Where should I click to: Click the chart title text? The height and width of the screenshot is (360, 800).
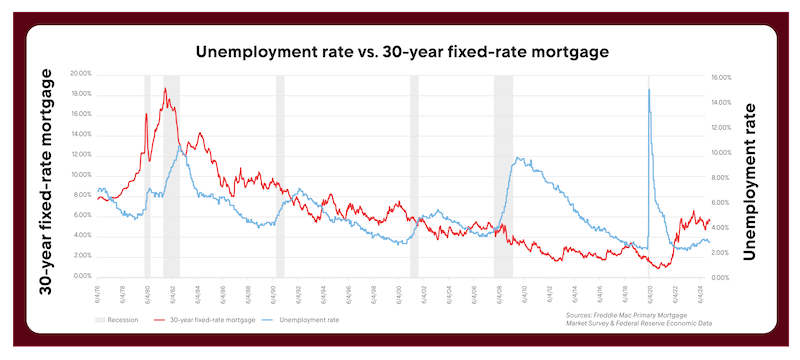[400, 51]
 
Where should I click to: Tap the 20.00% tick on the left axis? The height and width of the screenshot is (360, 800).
[79, 73]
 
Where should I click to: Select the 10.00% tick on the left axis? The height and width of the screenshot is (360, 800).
[79, 175]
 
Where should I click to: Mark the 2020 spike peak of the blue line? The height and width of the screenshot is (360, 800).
[649, 89]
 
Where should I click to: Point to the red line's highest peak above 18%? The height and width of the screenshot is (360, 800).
[165, 89]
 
